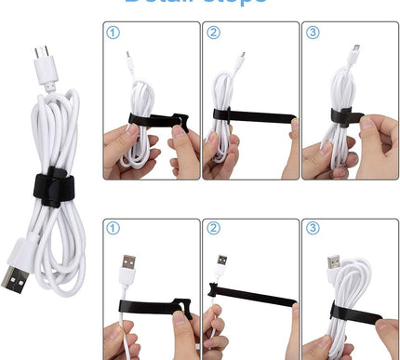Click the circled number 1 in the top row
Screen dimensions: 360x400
pyautogui.click(x=113, y=33)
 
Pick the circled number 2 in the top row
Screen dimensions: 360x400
pyautogui.click(x=214, y=33)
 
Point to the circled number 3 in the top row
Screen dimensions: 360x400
pyautogui.click(x=313, y=33)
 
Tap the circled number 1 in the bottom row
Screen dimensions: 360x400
pyautogui.click(x=113, y=229)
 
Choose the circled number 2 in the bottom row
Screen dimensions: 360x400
pyautogui.click(x=214, y=229)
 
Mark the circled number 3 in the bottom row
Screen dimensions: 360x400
pyautogui.click(x=313, y=229)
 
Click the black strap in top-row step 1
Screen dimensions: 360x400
pyautogui.click(x=158, y=120)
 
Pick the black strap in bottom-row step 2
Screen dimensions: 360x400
pyautogui.click(x=251, y=300)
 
